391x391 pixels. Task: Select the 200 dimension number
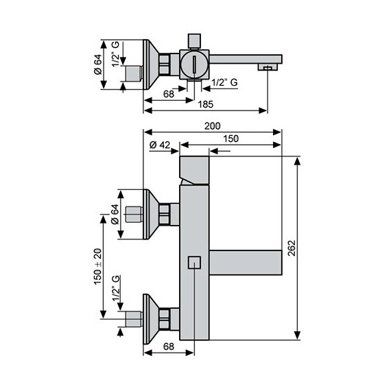[213, 126]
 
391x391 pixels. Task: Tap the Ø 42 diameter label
[160, 144]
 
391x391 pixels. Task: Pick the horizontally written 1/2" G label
[225, 82]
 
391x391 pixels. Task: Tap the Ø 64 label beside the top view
[98, 64]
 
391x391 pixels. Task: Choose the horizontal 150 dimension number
[231, 139]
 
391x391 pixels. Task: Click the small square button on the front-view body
[194, 261]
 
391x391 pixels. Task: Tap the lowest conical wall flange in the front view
[151, 318]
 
